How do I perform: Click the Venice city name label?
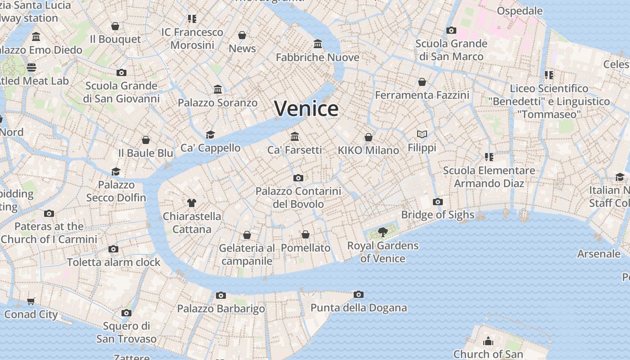pyautogui.click(x=306, y=108)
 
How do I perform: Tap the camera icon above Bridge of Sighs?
pyautogui.click(x=437, y=202)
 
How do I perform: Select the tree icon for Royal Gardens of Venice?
pyautogui.click(x=382, y=232)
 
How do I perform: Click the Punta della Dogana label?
pyautogui.click(x=359, y=308)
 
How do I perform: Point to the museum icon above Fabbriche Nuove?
pyautogui.click(x=318, y=44)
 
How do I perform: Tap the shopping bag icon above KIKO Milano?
pyautogui.click(x=369, y=137)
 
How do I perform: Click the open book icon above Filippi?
pyautogui.click(x=422, y=134)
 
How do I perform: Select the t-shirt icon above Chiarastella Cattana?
pyautogui.click(x=192, y=202)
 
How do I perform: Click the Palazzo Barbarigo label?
pyautogui.click(x=221, y=309)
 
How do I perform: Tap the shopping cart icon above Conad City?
pyautogui.click(x=31, y=301)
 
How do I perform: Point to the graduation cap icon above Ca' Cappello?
pyautogui.click(x=210, y=135)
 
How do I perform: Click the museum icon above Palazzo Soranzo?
pyautogui.click(x=218, y=89)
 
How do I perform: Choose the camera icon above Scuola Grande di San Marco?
pyautogui.click(x=451, y=30)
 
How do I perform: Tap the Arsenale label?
pyautogui.click(x=598, y=254)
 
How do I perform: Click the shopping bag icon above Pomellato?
pyautogui.click(x=305, y=234)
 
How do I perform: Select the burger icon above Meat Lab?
pyautogui.click(x=31, y=67)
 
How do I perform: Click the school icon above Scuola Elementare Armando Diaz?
pyautogui.click(x=489, y=157)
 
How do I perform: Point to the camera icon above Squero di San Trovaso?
pyautogui.click(x=126, y=313)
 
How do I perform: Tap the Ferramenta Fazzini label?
pyautogui.click(x=422, y=95)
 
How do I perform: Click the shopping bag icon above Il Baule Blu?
pyautogui.click(x=145, y=140)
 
